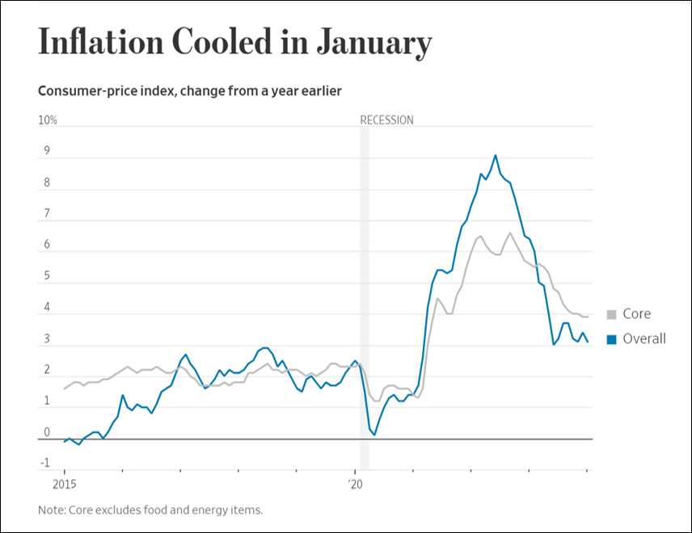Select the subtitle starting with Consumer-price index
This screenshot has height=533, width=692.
[x=189, y=90]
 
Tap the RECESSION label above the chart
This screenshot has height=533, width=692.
[x=386, y=120]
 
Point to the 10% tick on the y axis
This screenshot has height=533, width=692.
[x=48, y=120]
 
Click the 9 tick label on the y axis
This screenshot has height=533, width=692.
[x=46, y=151]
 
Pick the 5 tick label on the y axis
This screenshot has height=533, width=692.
[x=46, y=276]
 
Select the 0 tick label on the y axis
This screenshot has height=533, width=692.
[x=46, y=432]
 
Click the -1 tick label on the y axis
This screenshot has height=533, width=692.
[x=45, y=464]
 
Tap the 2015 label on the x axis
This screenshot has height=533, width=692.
[x=64, y=486]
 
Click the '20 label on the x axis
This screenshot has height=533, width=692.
[x=356, y=486]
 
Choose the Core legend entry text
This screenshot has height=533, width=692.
[x=636, y=314]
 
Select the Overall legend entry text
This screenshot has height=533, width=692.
[x=644, y=338]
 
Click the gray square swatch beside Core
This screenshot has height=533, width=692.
[x=612, y=315]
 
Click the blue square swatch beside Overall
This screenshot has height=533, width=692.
[x=612, y=339]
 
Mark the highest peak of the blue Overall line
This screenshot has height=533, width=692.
[x=496, y=155]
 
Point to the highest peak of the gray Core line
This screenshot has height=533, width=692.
[x=510, y=233]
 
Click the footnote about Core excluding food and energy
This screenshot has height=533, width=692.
[x=150, y=510]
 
